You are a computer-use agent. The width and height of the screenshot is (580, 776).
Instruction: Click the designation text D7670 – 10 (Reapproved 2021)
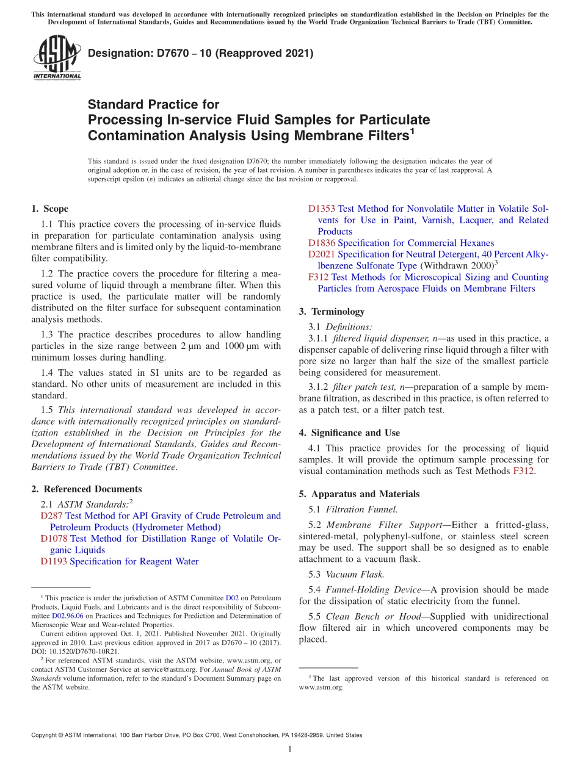(200, 53)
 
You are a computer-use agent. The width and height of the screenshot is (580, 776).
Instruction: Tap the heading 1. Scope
(50, 209)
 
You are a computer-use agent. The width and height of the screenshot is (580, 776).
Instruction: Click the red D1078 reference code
(54, 539)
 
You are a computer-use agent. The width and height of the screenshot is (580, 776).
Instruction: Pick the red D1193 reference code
(54, 561)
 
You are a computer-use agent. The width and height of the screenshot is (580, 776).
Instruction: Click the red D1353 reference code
(321, 209)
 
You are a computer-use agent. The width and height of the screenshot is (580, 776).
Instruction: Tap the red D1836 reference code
(321, 243)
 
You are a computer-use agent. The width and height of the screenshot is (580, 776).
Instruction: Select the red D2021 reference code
(321, 254)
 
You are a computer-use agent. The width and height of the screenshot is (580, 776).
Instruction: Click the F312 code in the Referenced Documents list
(319, 277)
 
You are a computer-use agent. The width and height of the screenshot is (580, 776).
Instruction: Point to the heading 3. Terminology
(332, 311)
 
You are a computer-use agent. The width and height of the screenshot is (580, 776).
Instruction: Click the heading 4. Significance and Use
(349, 433)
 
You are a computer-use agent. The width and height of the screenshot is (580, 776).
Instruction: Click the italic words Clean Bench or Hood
(374, 616)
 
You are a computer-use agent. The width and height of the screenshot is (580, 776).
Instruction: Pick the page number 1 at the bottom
(290, 750)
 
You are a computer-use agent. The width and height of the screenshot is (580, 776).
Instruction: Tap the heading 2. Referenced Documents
(87, 489)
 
